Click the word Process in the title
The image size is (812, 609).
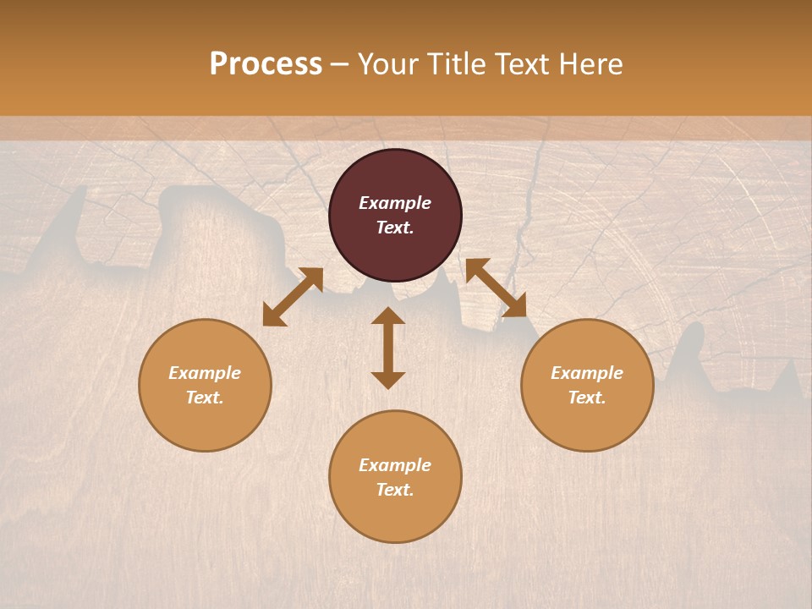point(266,64)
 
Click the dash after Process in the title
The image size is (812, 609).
point(340,66)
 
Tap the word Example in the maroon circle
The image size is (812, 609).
point(395,203)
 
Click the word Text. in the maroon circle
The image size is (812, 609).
point(395,228)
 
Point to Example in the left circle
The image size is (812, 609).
point(205,373)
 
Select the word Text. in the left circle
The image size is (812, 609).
point(205,398)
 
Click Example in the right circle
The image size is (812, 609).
point(587,373)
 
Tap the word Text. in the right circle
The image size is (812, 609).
point(587,398)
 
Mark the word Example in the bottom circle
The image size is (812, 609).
point(395,465)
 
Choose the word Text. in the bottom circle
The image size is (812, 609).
point(395,490)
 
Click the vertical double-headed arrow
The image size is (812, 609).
point(388,348)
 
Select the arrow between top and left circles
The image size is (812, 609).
point(293,297)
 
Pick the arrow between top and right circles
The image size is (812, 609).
point(496,288)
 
